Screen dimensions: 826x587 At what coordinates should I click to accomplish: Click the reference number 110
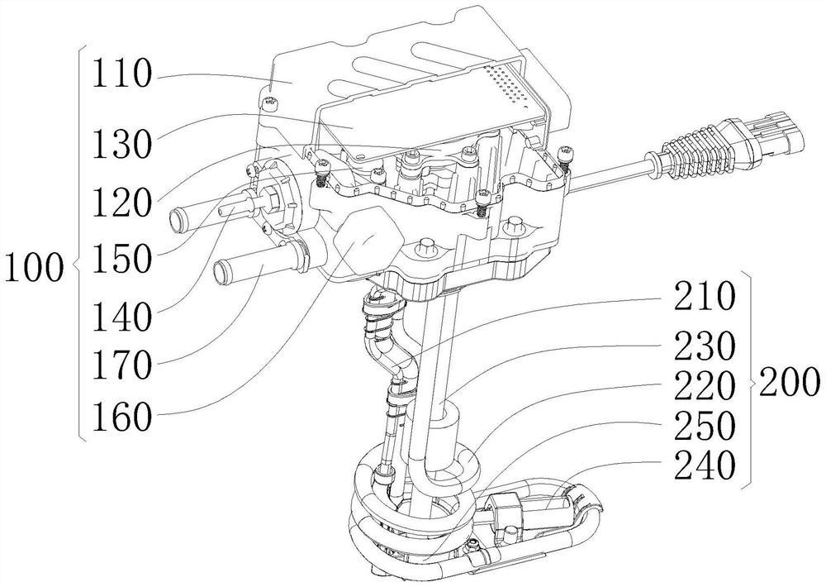(122, 74)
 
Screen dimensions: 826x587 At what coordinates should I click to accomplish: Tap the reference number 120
(122, 202)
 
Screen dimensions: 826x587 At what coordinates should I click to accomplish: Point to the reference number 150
(122, 259)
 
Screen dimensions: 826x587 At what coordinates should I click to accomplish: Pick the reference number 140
(122, 317)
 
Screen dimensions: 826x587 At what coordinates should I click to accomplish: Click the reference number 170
(122, 365)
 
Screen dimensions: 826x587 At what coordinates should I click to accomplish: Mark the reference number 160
(122, 418)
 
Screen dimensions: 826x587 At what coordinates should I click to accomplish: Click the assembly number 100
(33, 267)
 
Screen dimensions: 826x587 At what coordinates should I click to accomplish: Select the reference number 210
(705, 296)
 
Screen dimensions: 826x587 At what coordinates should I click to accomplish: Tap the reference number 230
(705, 346)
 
